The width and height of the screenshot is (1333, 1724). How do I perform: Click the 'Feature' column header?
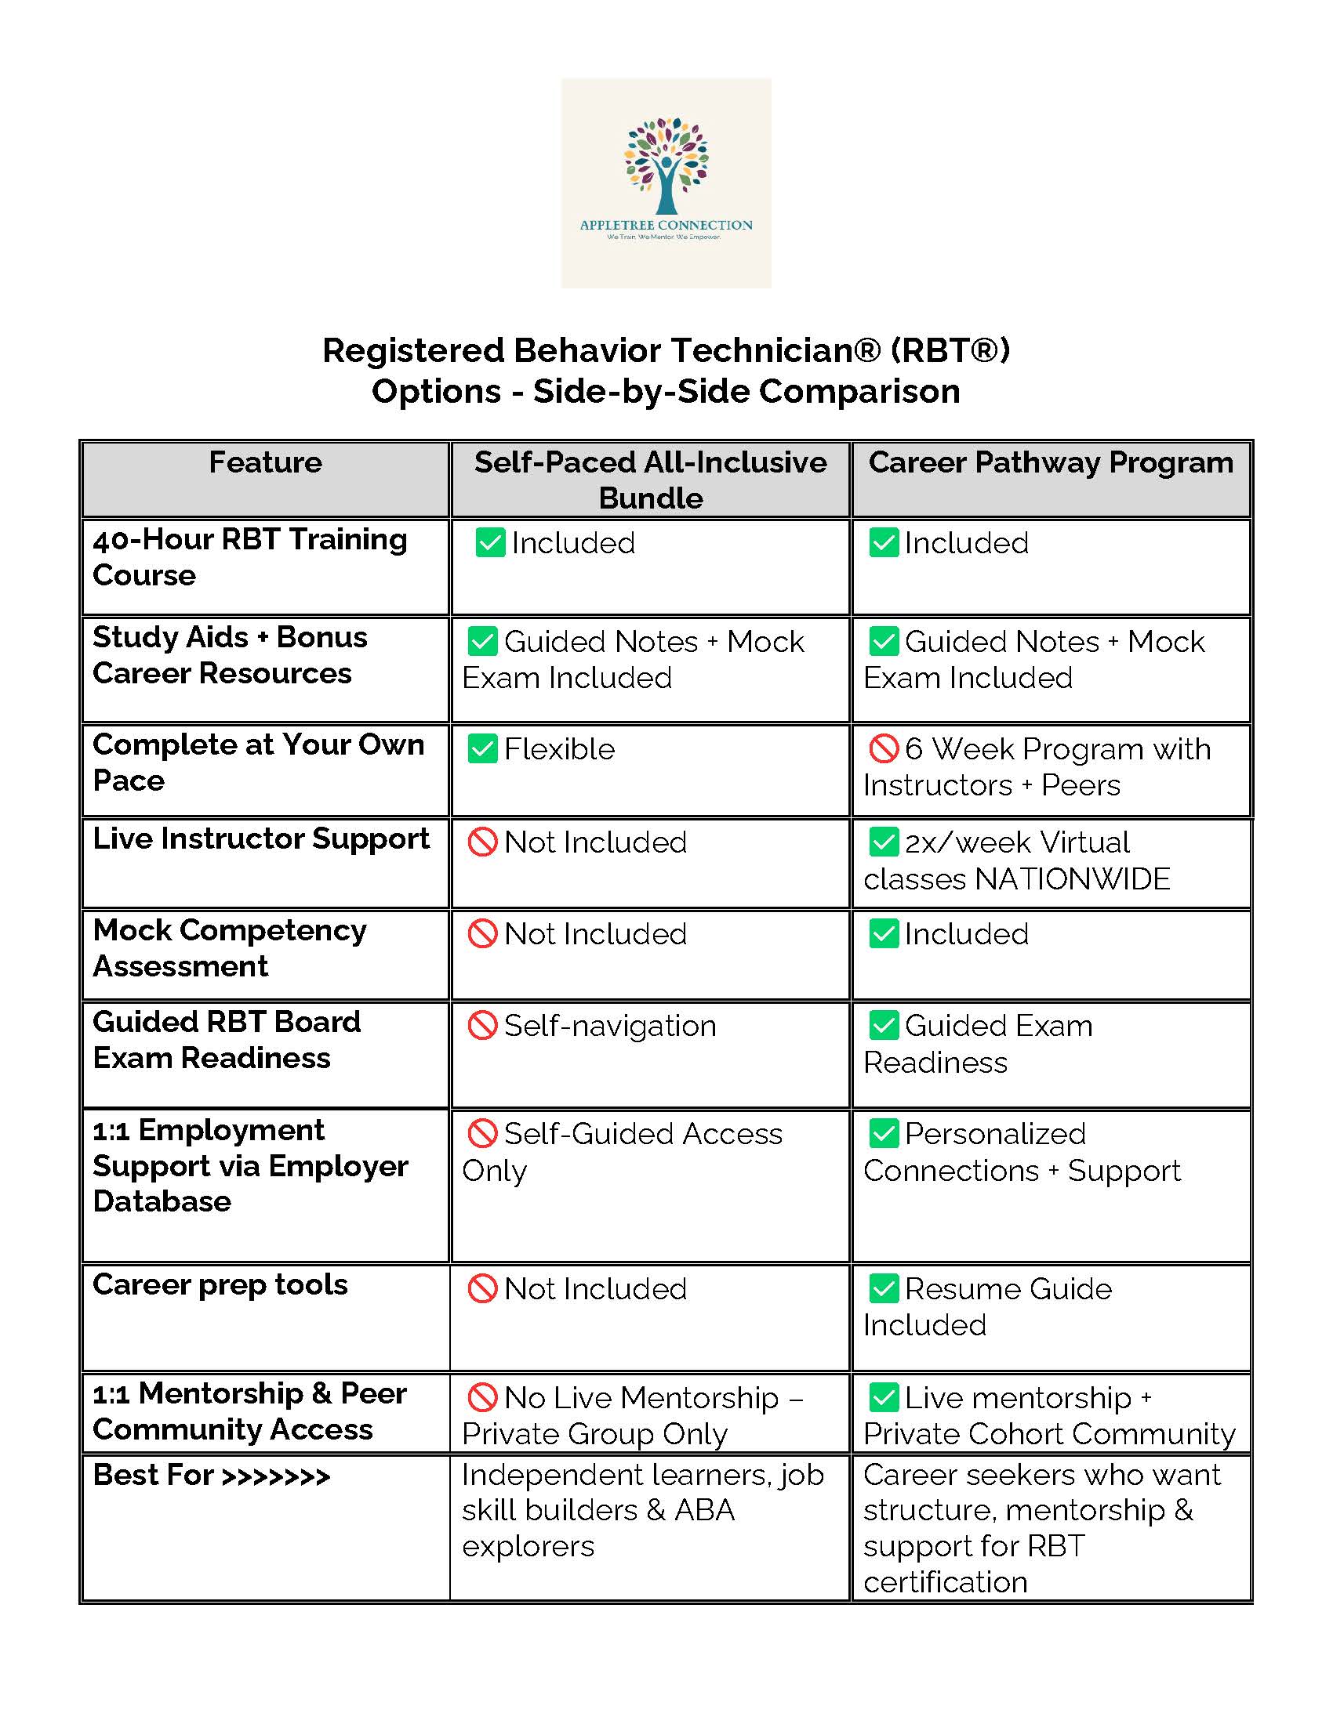point(265,462)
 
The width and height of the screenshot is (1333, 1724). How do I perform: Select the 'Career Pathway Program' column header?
point(1050,462)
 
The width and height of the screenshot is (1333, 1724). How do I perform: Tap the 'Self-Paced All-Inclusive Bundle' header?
point(650,480)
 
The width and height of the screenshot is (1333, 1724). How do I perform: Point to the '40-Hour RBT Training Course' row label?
point(249,557)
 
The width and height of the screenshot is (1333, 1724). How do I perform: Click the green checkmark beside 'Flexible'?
point(481,748)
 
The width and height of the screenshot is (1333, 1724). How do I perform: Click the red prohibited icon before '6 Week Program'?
point(884,748)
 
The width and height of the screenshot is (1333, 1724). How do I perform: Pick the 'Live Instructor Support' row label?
point(260,838)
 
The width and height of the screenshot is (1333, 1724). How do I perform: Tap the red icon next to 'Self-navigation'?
point(481,1026)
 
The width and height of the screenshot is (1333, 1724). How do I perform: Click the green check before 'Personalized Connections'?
point(884,1134)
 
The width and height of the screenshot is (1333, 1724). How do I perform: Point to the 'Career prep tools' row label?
point(220,1285)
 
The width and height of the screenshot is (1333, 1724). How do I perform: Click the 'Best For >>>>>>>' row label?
point(211,1475)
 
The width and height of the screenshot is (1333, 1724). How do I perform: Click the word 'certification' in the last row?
point(946,1582)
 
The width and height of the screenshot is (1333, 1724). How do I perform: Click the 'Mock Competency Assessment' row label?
point(229,948)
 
